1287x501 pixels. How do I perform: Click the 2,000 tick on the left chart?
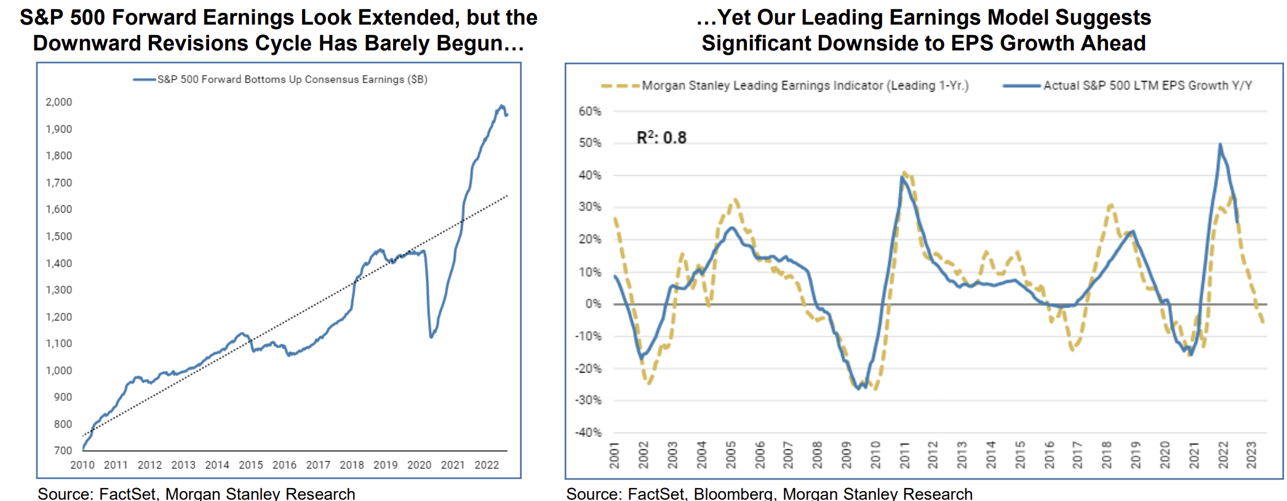tap(59, 102)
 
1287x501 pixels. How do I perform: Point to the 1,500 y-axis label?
tap(59, 236)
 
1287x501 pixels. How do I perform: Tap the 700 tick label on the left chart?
tap(63, 451)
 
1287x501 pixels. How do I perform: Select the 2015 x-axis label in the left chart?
tap(250, 465)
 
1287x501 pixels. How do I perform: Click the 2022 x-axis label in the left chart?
tap(487, 465)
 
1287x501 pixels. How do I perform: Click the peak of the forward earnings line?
tap(501, 106)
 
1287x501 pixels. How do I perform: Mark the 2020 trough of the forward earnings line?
tap(431, 337)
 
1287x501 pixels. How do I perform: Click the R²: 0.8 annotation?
tap(661, 138)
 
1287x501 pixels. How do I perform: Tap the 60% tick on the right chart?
tap(589, 111)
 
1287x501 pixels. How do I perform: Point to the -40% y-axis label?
tap(588, 432)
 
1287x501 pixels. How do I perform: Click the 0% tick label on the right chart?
tap(593, 304)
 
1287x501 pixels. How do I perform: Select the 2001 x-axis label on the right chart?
tap(614, 455)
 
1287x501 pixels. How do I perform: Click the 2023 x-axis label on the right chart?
tap(1251, 455)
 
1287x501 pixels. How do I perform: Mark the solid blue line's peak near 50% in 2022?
tap(1220, 145)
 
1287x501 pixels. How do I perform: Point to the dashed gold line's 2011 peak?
tap(904, 173)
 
